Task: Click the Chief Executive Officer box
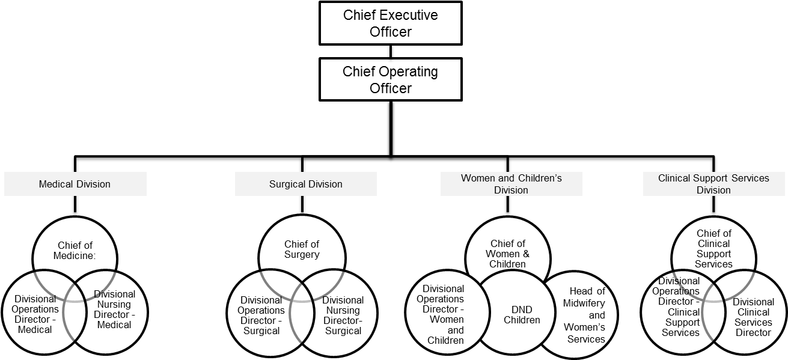click(390, 23)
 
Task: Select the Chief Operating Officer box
click(390, 79)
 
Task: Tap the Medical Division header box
click(75, 184)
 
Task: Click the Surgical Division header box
click(306, 184)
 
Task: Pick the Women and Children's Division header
click(512, 184)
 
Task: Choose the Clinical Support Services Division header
click(713, 184)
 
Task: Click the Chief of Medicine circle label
click(77, 250)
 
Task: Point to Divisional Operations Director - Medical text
click(35, 314)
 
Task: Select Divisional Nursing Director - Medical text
click(114, 310)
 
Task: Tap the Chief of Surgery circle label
click(302, 249)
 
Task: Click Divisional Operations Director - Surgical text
click(261, 316)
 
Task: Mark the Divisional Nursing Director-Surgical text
click(343, 316)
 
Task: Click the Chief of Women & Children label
click(508, 254)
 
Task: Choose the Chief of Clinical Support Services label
click(714, 249)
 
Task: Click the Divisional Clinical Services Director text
click(753, 317)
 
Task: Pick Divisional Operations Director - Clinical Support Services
click(680, 307)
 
